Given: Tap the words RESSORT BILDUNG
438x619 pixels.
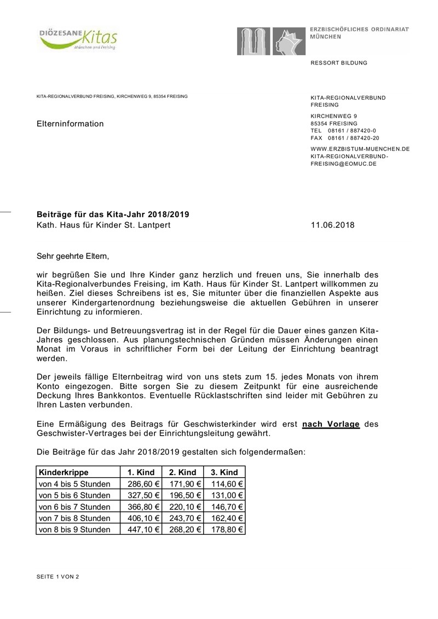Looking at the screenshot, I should pyautogui.click(x=339, y=63).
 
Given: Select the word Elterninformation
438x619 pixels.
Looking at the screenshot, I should pyautogui.click(x=70, y=124).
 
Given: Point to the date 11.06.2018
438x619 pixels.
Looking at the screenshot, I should pyautogui.click(x=332, y=225).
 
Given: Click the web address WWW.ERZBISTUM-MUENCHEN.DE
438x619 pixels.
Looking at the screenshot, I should pyautogui.click(x=360, y=149).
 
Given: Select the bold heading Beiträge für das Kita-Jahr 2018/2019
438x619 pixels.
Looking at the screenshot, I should pyautogui.click(x=113, y=214).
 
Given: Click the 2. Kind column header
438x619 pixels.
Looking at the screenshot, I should pyautogui.click(x=182, y=472).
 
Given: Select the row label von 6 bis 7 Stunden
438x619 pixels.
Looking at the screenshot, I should pyautogui.click(x=74, y=507).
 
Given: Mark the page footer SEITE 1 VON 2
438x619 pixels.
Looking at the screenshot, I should pyautogui.click(x=57, y=577).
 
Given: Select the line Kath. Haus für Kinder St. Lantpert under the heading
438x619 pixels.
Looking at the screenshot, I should pyautogui.click(x=103, y=225).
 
